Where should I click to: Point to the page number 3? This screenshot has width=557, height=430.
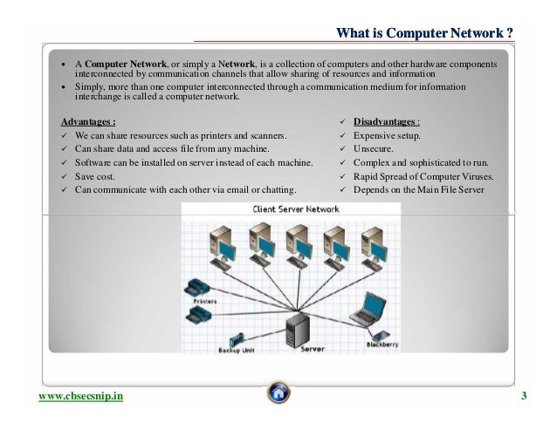(x=524, y=399)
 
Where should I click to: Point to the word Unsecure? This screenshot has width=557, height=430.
(x=373, y=150)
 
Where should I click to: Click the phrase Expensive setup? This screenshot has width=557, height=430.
(x=385, y=137)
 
